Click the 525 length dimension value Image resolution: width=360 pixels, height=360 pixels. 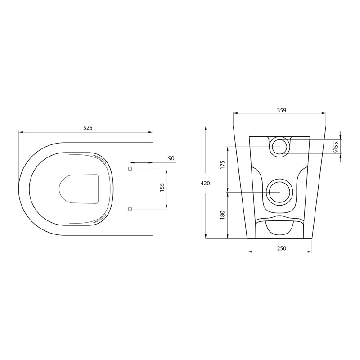pos(88,128)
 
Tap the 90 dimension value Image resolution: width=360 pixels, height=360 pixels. pos(171,158)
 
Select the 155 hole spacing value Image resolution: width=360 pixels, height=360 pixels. pos(162,188)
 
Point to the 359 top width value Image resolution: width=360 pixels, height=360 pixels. pos(282,110)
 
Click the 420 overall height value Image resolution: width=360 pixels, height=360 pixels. pos(205,183)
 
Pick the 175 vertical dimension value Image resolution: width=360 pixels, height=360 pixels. pos(222,164)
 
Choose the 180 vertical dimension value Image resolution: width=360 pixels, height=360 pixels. pos(222,216)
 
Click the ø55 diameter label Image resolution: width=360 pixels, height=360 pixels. pos(336,147)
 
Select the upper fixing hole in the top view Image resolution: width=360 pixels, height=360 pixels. pos(130,169)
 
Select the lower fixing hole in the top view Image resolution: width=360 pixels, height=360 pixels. pos(130,209)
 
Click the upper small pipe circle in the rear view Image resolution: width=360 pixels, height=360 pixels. pos(280,146)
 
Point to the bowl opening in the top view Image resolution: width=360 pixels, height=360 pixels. pos(79,188)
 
